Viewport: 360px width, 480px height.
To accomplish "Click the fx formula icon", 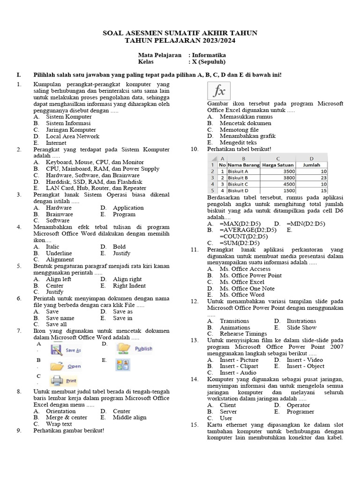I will (x=219, y=90).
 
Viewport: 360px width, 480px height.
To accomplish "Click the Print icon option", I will (x=64, y=380).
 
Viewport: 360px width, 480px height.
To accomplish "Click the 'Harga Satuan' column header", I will (x=278, y=165).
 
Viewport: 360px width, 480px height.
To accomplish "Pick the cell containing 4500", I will (x=278, y=184).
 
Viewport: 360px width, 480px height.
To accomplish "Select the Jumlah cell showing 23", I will (x=312, y=178).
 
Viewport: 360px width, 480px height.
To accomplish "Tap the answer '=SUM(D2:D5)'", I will (x=239, y=243).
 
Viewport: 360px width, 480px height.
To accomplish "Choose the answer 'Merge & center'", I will (x=66, y=417).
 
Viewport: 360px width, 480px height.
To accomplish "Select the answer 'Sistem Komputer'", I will (x=68, y=116).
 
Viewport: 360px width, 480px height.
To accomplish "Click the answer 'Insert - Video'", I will (x=305, y=360).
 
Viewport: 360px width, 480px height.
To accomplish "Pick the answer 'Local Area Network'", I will (x=72, y=136).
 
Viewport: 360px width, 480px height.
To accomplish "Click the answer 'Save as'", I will (x=123, y=311).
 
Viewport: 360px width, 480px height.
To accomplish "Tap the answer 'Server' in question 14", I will (x=228, y=412).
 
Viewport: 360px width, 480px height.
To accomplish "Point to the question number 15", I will (x=195, y=424).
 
